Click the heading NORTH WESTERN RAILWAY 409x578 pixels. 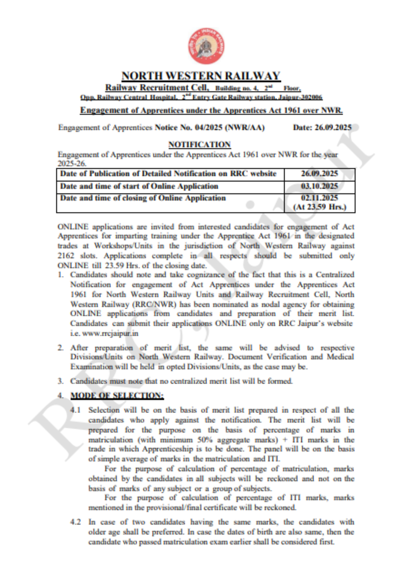click(201, 76)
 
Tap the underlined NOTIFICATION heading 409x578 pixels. click(199, 145)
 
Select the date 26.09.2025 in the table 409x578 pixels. click(319, 174)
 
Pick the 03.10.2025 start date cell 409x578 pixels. click(319, 186)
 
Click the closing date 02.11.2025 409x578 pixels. click(319, 198)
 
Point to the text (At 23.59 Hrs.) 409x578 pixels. click(320, 207)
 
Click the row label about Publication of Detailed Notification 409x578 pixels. click(168, 174)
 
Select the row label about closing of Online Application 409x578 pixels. click(143, 198)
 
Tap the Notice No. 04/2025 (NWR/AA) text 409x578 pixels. click(210, 128)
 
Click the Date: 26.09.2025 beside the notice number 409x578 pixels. click(322, 128)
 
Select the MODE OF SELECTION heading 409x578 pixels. click(117, 395)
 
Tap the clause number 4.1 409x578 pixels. click(76, 410)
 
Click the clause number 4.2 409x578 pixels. click(76, 522)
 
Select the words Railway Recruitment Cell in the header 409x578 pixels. click(157, 88)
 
